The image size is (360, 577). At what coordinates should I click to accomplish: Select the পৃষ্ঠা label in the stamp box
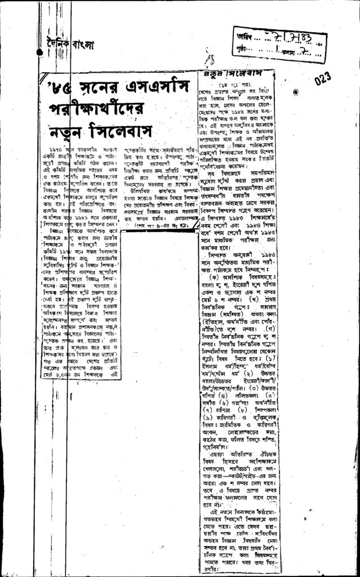coord(243,50)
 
